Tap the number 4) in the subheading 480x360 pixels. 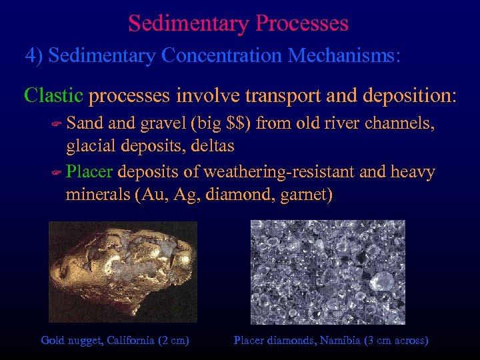point(34,55)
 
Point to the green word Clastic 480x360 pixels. point(53,95)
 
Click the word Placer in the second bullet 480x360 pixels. point(89,173)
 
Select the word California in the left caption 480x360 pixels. point(127,341)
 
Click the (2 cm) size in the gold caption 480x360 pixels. point(173,341)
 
